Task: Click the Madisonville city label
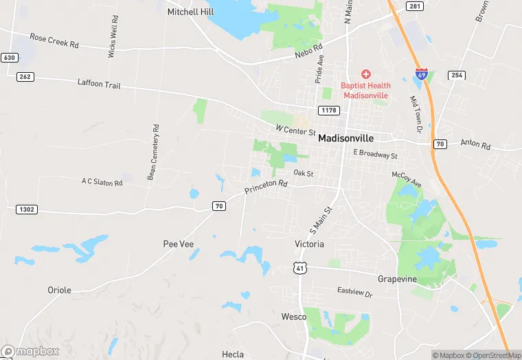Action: point(355,137)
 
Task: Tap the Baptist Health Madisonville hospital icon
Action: point(365,74)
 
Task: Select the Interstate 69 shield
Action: point(421,74)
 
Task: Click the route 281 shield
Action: point(413,6)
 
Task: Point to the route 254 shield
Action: point(456,74)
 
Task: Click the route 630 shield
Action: point(9,57)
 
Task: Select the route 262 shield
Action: point(25,76)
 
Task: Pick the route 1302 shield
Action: point(25,208)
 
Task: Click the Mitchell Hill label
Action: point(190,12)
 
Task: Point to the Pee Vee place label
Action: point(178,244)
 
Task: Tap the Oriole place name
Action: point(59,290)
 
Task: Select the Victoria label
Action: point(309,244)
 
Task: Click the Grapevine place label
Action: point(397,279)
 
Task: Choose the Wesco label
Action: point(294,317)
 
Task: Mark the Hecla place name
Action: point(233,354)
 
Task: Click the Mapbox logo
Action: point(30,351)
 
